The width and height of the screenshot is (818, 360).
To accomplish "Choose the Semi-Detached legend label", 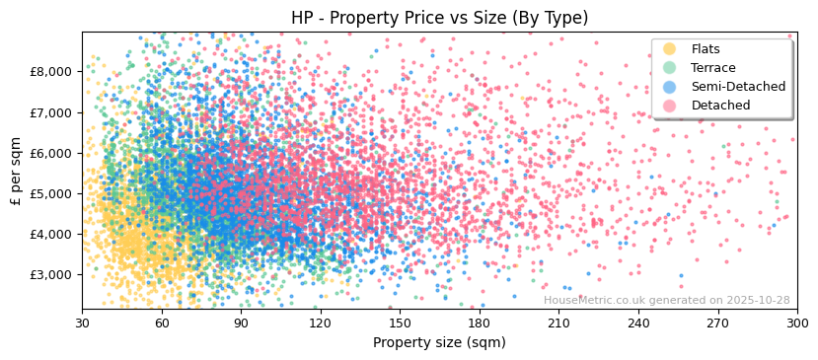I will click(x=738, y=87).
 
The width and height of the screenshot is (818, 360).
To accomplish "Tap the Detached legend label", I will click(x=720, y=106).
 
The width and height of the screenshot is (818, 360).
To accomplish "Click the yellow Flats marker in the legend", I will click(x=670, y=49).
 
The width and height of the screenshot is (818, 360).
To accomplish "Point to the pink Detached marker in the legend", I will click(x=670, y=106).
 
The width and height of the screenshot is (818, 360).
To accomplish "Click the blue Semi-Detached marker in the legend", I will click(x=670, y=87).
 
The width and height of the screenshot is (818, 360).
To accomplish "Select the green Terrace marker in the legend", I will click(x=670, y=68).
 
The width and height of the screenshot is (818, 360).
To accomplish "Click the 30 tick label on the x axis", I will click(x=82, y=323).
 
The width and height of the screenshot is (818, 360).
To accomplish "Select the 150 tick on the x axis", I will click(x=400, y=323).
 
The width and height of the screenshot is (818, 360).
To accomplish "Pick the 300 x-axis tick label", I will click(x=796, y=323).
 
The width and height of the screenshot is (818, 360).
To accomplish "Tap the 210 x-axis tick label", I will click(x=558, y=323).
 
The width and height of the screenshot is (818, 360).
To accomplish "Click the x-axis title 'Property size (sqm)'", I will click(x=439, y=342).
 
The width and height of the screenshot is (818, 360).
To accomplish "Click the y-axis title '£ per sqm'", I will click(x=17, y=170).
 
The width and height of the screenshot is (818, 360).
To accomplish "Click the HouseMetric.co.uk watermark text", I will click(x=666, y=300).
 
